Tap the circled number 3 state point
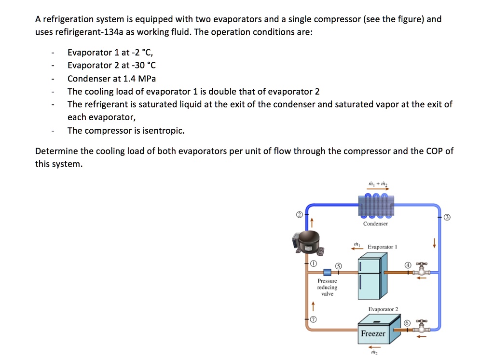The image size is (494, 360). point(447,217)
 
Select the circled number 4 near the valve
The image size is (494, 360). point(408,265)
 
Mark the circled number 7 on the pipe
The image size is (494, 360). point(313,319)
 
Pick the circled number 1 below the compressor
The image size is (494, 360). point(313,263)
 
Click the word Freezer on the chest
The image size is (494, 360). point(373,333)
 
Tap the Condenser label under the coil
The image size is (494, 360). point(375,224)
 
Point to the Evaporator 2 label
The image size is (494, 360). point(383,309)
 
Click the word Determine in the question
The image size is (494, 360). point(56,151)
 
